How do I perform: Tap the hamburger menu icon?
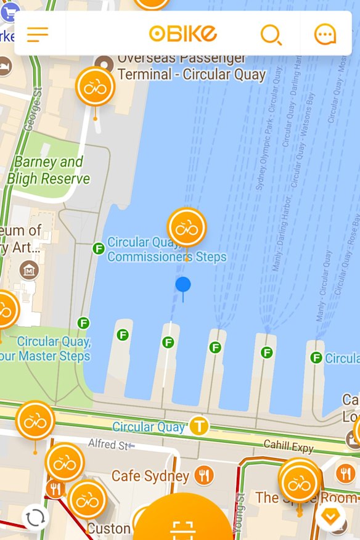[38, 34]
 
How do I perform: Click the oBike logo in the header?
[183, 33]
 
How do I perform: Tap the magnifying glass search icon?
[271, 35]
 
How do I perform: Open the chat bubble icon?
[325, 35]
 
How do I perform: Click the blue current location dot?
[183, 284]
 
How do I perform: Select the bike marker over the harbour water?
[186, 227]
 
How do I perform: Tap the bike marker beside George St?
[95, 87]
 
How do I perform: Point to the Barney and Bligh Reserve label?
[48, 171]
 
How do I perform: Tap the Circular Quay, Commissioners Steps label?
[167, 250]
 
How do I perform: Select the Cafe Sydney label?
[150, 476]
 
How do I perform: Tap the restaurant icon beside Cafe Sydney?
[204, 475]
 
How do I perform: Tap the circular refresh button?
[35, 517]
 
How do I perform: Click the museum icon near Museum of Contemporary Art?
[28, 269]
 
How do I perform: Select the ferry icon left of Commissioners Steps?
[98, 248]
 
